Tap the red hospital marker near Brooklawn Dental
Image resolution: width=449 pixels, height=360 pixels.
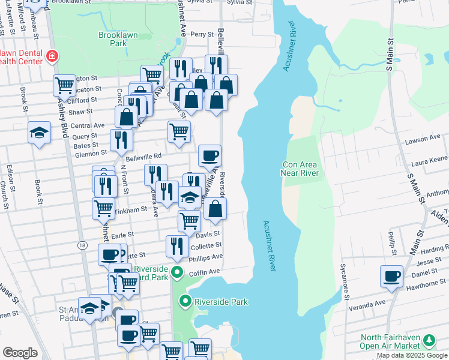coord(53,56)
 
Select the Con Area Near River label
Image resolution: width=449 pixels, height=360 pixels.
coord(300,169)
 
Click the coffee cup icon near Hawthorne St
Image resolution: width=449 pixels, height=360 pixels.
coord(391,276)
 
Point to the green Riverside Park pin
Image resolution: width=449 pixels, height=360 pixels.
coord(186,301)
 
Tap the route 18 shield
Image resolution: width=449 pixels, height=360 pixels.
coord(82,245)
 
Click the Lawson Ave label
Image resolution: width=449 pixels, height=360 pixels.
coord(423,139)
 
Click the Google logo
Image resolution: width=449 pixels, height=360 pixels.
coord(20,353)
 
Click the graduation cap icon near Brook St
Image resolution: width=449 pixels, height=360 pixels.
coord(39,132)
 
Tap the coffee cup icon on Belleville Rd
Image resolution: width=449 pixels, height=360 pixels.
coord(210,155)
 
